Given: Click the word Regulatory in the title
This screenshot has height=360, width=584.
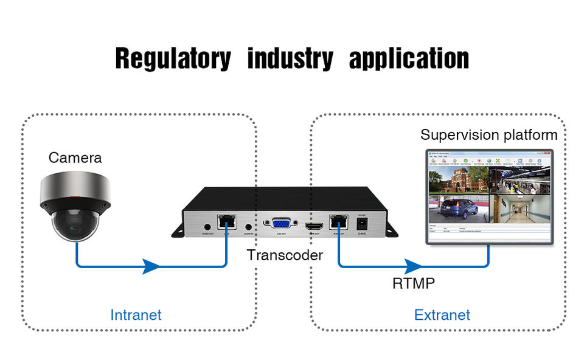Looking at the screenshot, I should tap(173, 59).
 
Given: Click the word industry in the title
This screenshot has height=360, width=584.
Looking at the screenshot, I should tap(290, 59).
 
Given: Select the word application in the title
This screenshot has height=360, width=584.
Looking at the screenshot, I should tap(409, 59).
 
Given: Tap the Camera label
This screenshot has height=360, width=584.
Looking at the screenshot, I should tap(75, 158).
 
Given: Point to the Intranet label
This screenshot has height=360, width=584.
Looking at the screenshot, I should tap(136, 315).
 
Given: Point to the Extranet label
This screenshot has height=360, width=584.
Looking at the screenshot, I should tap(442, 315).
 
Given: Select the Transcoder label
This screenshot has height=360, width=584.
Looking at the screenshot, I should tap(285, 255).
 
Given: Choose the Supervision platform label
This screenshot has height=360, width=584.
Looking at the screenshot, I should tap(488, 135).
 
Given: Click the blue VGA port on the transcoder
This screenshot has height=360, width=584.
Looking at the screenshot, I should tap(281, 223).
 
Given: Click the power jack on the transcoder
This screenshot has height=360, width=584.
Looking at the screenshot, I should tap(363, 225).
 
